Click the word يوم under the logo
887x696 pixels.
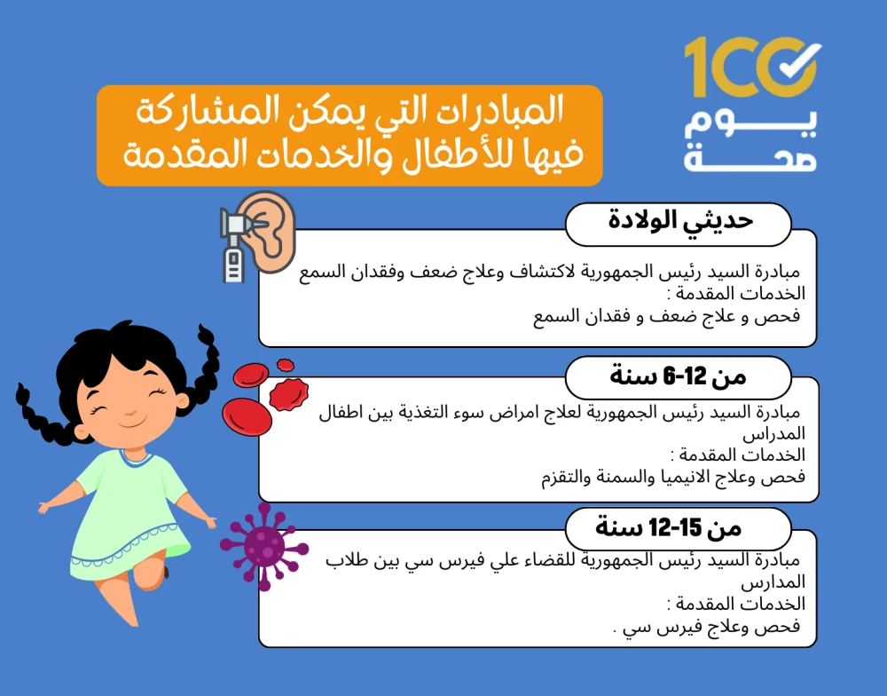point(750,123)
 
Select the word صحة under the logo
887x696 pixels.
point(750,158)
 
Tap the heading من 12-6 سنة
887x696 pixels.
point(678,376)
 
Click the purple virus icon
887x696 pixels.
point(263,547)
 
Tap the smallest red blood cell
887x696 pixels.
point(286,365)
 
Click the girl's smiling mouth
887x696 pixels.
point(132,423)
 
